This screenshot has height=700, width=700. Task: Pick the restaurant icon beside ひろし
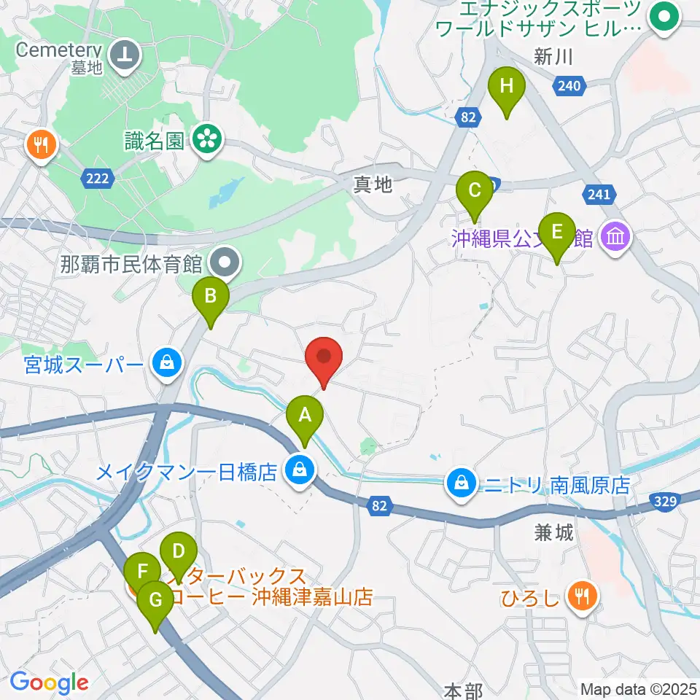581,599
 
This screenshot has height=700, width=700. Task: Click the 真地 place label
373,185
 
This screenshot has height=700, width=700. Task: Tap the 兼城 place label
553,533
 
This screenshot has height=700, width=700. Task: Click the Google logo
49,683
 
